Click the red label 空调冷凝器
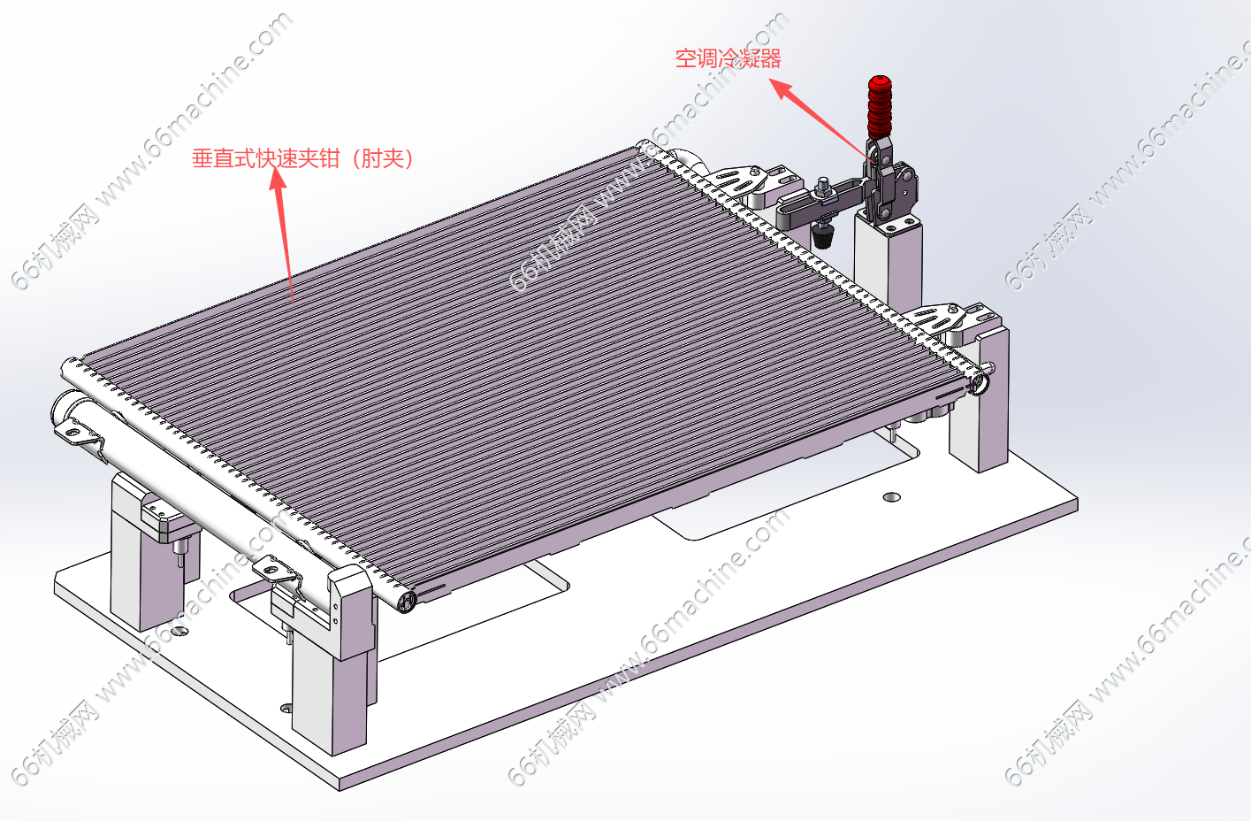(x=728, y=58)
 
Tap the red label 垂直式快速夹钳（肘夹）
(x=303, y=158)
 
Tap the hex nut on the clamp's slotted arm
(x=821, y=187)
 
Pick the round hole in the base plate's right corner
(x=891, y=497)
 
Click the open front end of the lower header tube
(x=408, y=602)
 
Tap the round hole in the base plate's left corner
(x=179, y=632)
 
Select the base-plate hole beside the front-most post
(x=286, y=708)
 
